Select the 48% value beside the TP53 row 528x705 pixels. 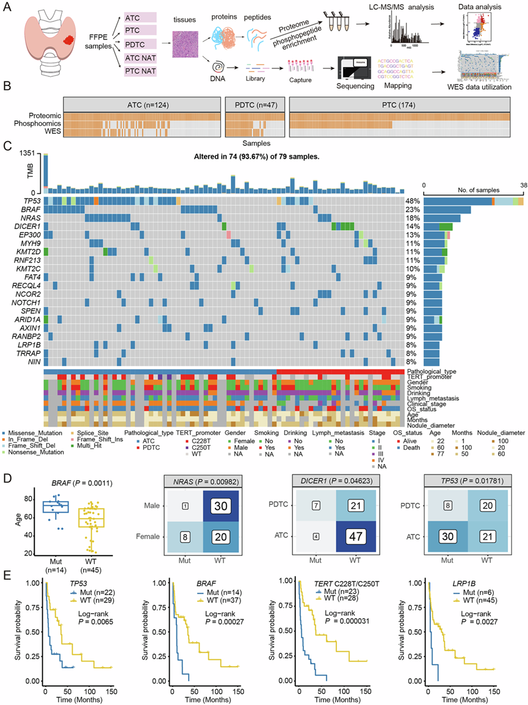(x=411, y=201)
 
